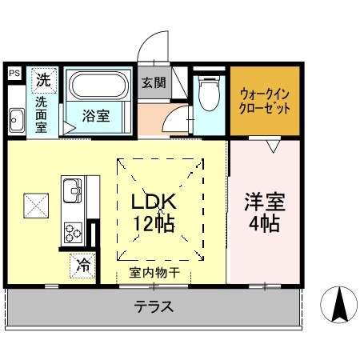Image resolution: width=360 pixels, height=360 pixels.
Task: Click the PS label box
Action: point(14,73)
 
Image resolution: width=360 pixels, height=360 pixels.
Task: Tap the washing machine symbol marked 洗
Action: point(44,80)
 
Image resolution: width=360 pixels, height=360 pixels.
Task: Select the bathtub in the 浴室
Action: point(98,86)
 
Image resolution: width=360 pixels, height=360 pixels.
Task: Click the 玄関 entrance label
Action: point(154,82)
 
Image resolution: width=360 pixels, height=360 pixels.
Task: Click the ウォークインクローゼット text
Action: point(265,102)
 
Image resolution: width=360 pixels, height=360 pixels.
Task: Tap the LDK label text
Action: point(154,202)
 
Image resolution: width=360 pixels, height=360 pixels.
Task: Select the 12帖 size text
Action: point(154,223)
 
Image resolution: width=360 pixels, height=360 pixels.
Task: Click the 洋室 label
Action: point(265,202)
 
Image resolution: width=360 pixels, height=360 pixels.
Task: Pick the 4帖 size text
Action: point(265,223)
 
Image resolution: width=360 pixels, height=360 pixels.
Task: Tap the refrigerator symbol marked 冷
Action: point(82,266)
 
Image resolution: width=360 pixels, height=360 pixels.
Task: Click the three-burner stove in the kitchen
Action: point(73,232)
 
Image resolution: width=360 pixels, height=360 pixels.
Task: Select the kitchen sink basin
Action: point(72,190)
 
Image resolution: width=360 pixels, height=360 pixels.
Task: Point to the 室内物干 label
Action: point(154,273)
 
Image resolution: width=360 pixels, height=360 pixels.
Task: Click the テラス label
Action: point(154,306)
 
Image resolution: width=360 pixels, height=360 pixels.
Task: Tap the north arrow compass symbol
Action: point(338,305)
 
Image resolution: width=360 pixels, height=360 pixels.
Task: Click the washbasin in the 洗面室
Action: point(17,120)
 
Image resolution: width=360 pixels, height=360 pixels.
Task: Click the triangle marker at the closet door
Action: point(273,146)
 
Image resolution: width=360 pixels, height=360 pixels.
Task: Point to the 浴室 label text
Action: point(96,116)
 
